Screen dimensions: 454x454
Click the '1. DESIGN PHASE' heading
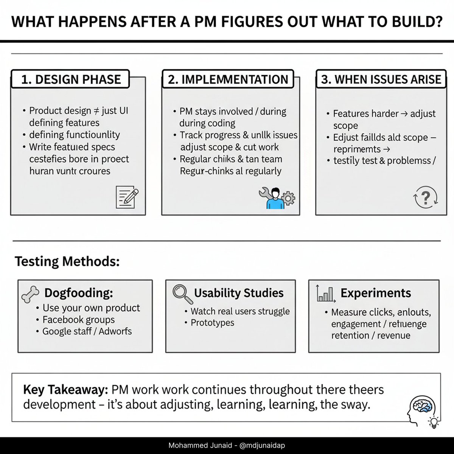71,79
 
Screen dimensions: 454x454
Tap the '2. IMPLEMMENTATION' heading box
228,79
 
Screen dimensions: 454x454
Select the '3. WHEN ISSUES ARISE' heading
381,79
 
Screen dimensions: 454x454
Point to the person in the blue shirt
275,199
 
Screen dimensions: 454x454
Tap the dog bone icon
31,294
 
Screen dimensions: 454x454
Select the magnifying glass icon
182,294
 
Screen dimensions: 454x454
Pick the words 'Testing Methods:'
67,261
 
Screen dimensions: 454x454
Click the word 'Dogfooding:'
79,293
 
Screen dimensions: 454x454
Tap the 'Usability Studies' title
239,293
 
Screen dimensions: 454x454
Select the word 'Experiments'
376,293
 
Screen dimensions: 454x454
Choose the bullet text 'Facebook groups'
79,320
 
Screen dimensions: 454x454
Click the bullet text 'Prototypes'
212,323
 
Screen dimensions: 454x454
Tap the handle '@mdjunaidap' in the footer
262,446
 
